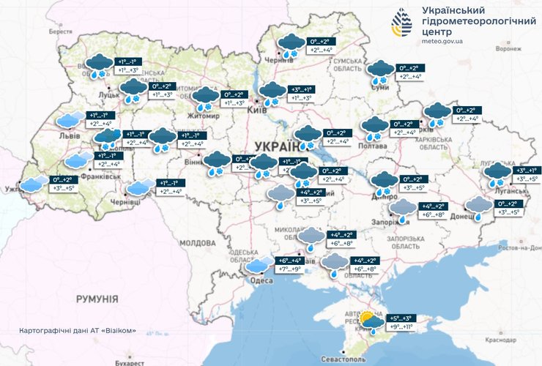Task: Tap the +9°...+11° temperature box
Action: click(x=399, y=327)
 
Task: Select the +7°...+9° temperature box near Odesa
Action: click(x=288, y=269)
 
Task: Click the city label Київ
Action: click(x=257, y=109)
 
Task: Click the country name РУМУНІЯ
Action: click(x=97, y=299)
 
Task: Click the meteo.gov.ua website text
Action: click(x=443, y=42)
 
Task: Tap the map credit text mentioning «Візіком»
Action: click(x=78, y=331)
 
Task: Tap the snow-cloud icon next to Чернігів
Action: click(x=290, y=45)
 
